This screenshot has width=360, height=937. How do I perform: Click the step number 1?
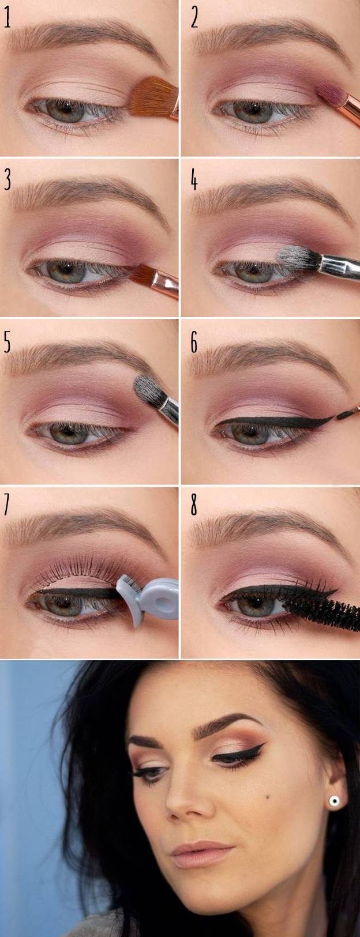coord(7,17)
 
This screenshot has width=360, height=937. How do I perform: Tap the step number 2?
coord(194,17)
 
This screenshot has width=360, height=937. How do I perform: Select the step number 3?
coord(7,179)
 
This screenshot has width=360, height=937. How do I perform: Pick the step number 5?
coord(7,342)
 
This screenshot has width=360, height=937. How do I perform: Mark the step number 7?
coord(7,505)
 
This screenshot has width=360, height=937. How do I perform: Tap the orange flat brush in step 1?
coord(153,99)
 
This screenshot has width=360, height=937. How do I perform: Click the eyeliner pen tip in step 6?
coord(346,415)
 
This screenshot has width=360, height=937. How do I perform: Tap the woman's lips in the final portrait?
coord(202,853)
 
